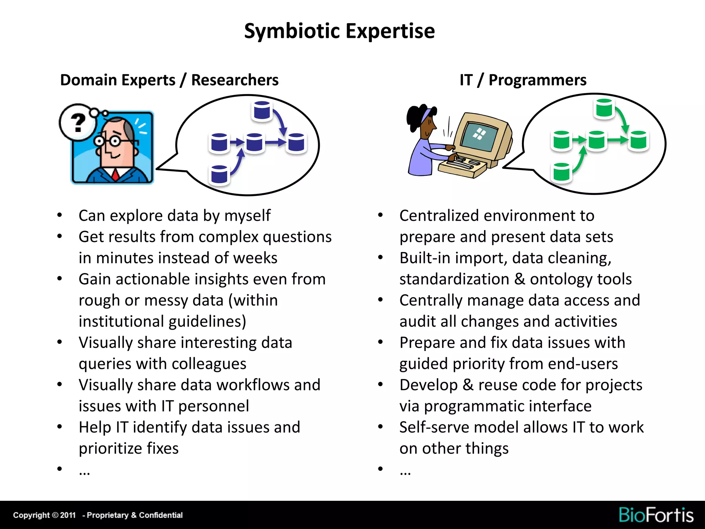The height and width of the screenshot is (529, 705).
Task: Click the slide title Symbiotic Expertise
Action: pyautogui.click(x=339, y=31)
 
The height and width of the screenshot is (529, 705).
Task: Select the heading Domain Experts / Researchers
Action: pyautogui.click(x=169, y=80)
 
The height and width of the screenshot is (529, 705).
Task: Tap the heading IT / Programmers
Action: pyautogui.click(x=523, y=80)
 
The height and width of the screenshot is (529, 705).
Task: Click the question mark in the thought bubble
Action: pyautogui.click(x=78, y=122)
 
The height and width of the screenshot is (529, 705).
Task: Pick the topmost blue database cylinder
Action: pyautogui.click(x=262, y=111)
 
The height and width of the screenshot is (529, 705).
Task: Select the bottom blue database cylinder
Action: pyautogui.click(x=219, y=175)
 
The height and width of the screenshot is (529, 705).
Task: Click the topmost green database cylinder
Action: pyautogui.click(x=604, y=108)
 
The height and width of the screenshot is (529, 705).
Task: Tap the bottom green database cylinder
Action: pyautogui.click(x=562, y=172)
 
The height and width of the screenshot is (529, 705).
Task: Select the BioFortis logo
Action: pyautogui.click(x=656, y=515)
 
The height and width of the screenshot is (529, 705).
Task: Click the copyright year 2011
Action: pyautogui.click(x=68, y=515)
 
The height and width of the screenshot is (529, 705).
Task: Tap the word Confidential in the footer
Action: pyautogui.click(x=161, y=515)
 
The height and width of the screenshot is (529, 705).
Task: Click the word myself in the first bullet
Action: pyautogui.click(x=247, y=216)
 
